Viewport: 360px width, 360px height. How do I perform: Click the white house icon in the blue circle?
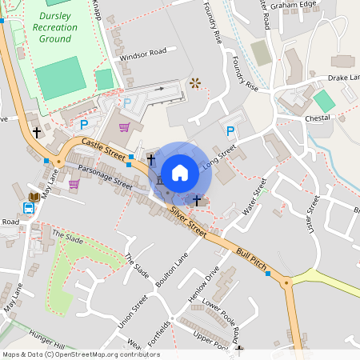[180, 172]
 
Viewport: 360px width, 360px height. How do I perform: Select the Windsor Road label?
[142, 53]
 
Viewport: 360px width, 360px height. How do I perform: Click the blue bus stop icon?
[29, 209]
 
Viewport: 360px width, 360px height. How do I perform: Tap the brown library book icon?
[34, 197]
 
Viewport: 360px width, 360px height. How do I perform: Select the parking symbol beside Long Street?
[230, 131]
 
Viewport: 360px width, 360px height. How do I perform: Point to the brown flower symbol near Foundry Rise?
[194, 82]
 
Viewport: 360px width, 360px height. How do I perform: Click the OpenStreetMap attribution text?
[80, 354]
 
